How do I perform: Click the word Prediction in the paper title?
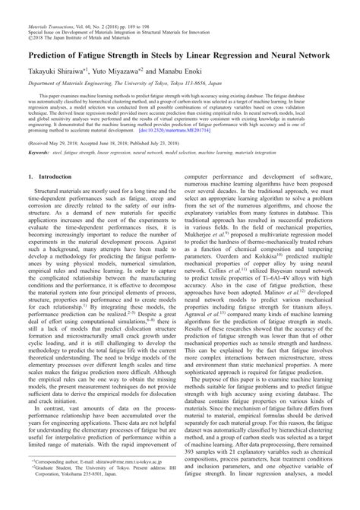coord(52,56)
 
